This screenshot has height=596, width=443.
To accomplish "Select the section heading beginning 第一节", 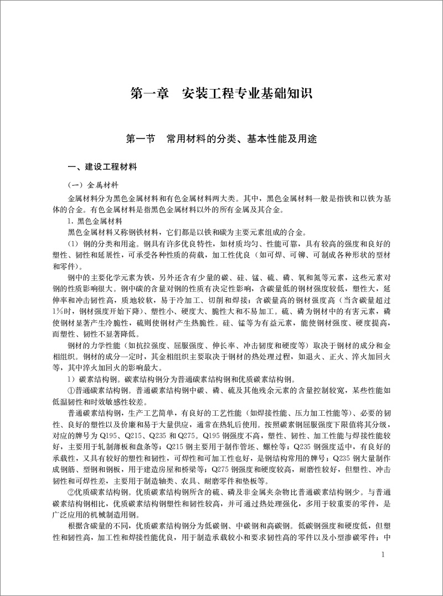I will [221, 139].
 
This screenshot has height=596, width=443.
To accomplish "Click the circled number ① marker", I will [70, 389].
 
